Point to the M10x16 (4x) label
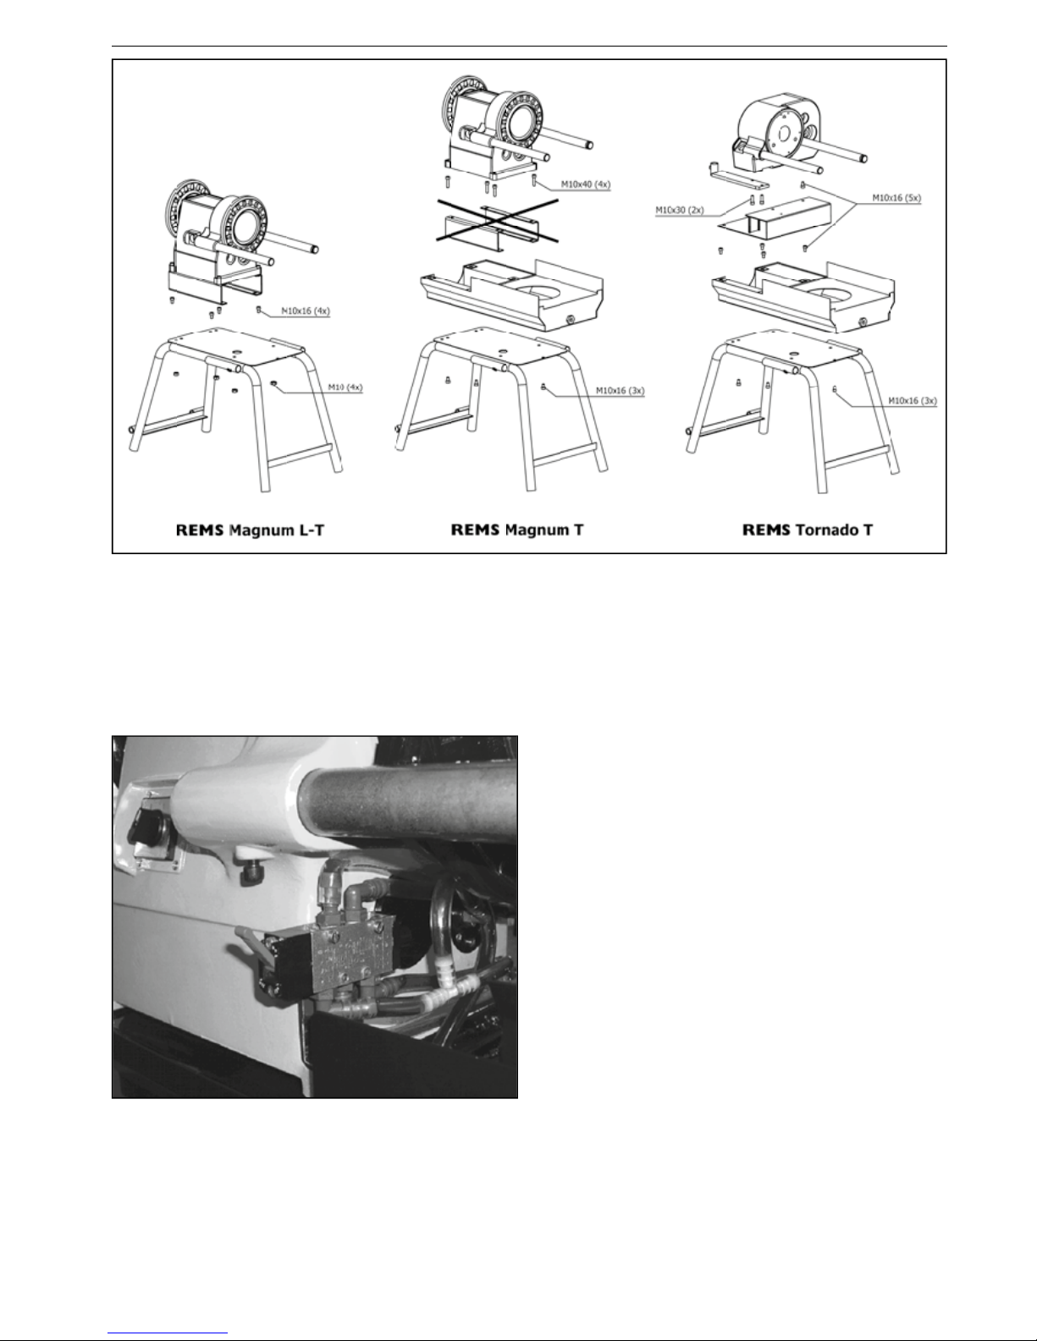305,311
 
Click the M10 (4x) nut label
345,387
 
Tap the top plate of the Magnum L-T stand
237,347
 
